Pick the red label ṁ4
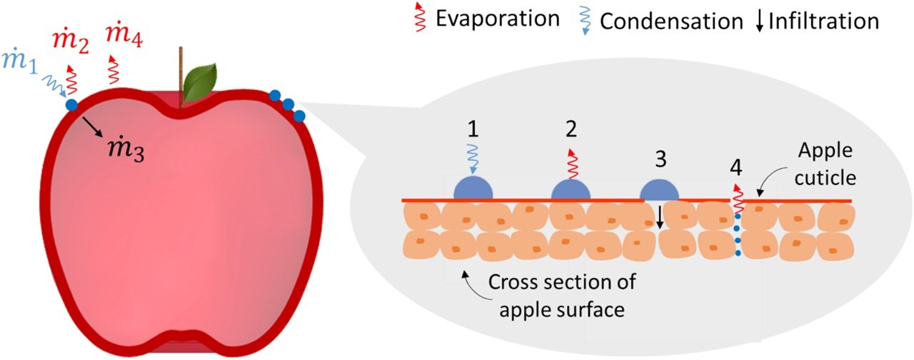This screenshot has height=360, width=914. pos(124,34)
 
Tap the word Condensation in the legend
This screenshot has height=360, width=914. pos(671,21)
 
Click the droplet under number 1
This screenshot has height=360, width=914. pos(473,189)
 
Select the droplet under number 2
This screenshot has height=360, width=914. pos(571,189)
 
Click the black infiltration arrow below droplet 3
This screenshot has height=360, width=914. pos(661,216)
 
